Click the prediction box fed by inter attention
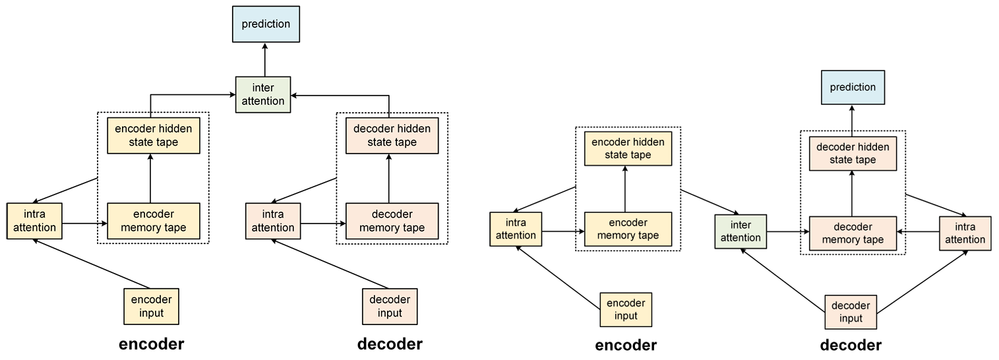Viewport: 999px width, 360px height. [265, 24]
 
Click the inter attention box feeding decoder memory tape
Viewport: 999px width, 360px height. [741, 231]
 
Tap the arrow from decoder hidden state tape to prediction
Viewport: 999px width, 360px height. [852, 119]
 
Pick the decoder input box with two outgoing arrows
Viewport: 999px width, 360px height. [851, 313]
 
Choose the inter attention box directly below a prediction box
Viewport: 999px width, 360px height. [263, 95]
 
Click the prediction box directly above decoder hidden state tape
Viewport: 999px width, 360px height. [853, 88]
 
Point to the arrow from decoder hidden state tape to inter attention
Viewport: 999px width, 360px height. [343, 96]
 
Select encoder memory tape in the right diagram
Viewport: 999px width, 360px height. [628, 229]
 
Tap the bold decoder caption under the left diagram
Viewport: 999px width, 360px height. [389, 344]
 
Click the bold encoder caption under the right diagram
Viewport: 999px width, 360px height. [626, 345]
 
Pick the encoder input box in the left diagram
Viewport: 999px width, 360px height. [152, 306]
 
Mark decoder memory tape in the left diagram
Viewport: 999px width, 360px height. [392, 221]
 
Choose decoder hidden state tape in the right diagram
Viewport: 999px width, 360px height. [853, 153]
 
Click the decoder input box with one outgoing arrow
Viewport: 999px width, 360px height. [389, 306]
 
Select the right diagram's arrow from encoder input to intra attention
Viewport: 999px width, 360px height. [559, 270]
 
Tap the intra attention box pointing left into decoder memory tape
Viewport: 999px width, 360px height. [965, 233]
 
